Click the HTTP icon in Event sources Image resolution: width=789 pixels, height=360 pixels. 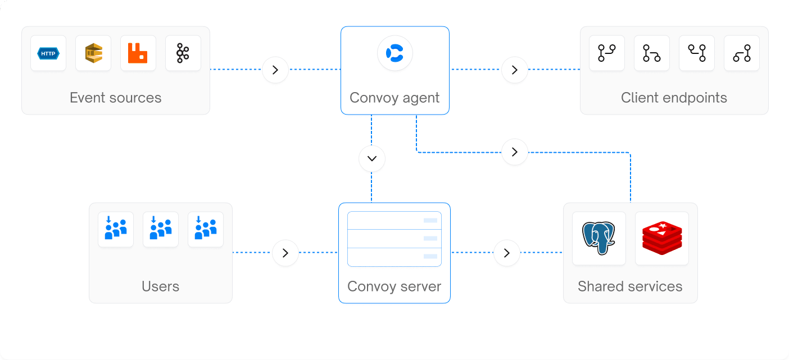point(48,53)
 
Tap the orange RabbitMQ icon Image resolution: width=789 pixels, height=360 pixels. point(138,53)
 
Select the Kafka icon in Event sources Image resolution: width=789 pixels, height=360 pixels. point(183,53)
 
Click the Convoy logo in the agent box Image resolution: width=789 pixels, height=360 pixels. point(394,53)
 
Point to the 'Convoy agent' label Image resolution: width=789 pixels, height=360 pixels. point(394,98)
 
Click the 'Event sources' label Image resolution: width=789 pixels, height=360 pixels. point(115,98)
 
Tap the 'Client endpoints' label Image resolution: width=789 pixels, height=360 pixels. point(674,98)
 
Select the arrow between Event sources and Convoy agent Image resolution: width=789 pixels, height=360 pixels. point(275,70)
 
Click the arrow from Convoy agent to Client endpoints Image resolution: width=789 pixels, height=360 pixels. point(514,70)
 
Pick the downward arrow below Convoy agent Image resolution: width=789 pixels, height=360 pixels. point(371,159)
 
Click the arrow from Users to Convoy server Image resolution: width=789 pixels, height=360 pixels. point(285,253)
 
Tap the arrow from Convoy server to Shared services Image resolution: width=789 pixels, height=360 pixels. point(507,253)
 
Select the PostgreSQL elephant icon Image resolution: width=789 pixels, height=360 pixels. point(598,238)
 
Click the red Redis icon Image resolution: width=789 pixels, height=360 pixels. point(661,238)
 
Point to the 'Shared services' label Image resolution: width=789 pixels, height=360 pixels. point(630,286)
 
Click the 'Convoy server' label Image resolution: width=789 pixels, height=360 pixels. point(394,286)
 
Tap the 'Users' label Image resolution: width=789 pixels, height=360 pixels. point(160,286)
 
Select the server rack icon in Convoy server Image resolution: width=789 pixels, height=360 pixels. point(394,239)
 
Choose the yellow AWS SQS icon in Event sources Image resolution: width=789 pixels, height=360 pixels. point(93,53)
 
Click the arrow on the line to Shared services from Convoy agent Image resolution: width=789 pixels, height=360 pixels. point(514,152)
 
